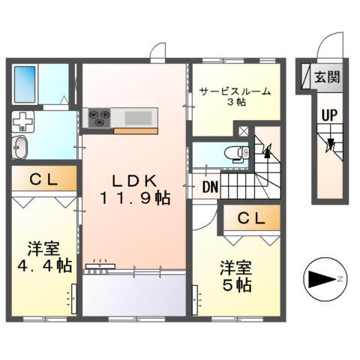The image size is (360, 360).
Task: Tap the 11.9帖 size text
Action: tap(135, 199)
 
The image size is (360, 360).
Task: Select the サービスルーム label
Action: tap(234, 92)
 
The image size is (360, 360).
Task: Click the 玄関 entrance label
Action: tap(326, 76)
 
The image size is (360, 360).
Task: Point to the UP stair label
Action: tap(328, 115)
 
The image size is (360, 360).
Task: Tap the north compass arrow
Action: tap(320, 280)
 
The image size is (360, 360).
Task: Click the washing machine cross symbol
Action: tap(23, 121)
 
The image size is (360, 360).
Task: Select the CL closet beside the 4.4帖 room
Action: tap(43, 179)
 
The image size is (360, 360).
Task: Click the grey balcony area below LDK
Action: tap(133, 294)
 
